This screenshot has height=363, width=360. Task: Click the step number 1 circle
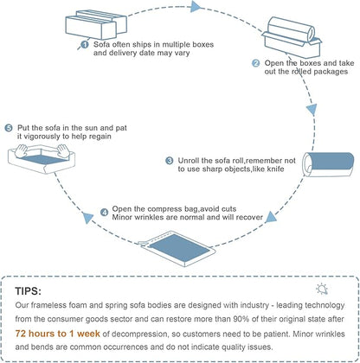(84, 45)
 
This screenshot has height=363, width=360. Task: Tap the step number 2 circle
(255, 63)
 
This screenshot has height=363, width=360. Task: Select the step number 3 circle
(170, 161)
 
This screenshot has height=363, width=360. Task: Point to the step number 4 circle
(104, 213)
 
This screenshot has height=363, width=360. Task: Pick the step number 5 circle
(9, 128)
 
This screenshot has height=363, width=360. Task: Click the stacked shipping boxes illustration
(96, 25)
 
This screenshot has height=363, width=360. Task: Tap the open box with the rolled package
(292, 37)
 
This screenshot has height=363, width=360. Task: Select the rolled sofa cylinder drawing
(328, 164)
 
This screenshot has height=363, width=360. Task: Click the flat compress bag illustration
(177, 248)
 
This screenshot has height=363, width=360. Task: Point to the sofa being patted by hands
(42, 159)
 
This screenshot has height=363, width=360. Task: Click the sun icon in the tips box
(322, 289)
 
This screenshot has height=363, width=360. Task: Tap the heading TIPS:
(29, 291)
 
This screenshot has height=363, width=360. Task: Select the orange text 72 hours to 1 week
(58, 334)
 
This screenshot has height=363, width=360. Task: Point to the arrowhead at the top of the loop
(196, 7)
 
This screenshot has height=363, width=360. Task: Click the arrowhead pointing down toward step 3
(312, 110)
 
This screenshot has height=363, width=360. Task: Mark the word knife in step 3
(275, 169)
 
